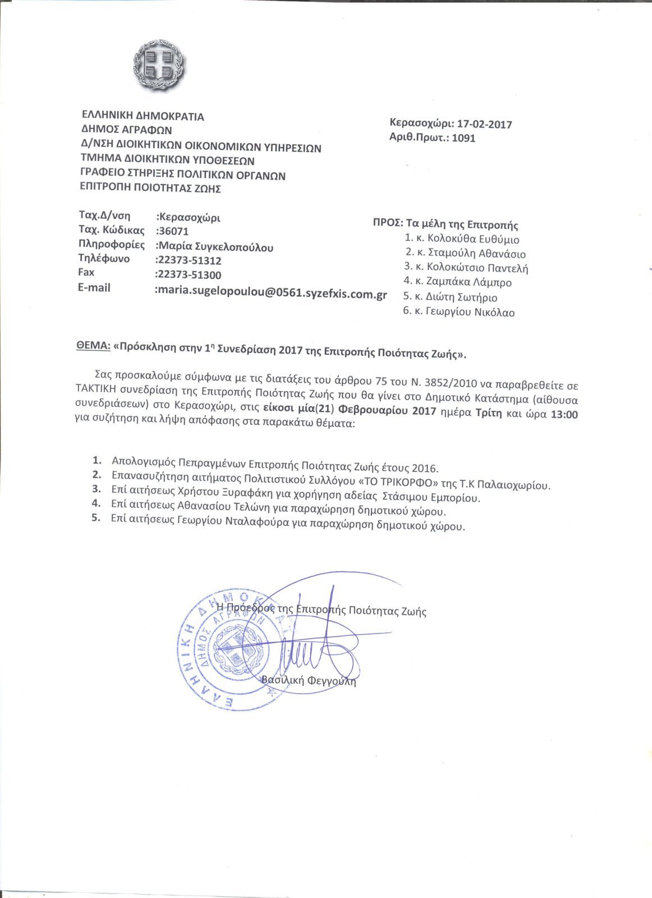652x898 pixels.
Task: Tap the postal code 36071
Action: [x=173, y=231]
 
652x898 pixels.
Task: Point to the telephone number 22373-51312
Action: [x=189, y=260]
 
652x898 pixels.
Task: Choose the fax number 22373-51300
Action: [x=189, y=275]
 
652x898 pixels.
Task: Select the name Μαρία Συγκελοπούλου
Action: [x=215, y=246]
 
